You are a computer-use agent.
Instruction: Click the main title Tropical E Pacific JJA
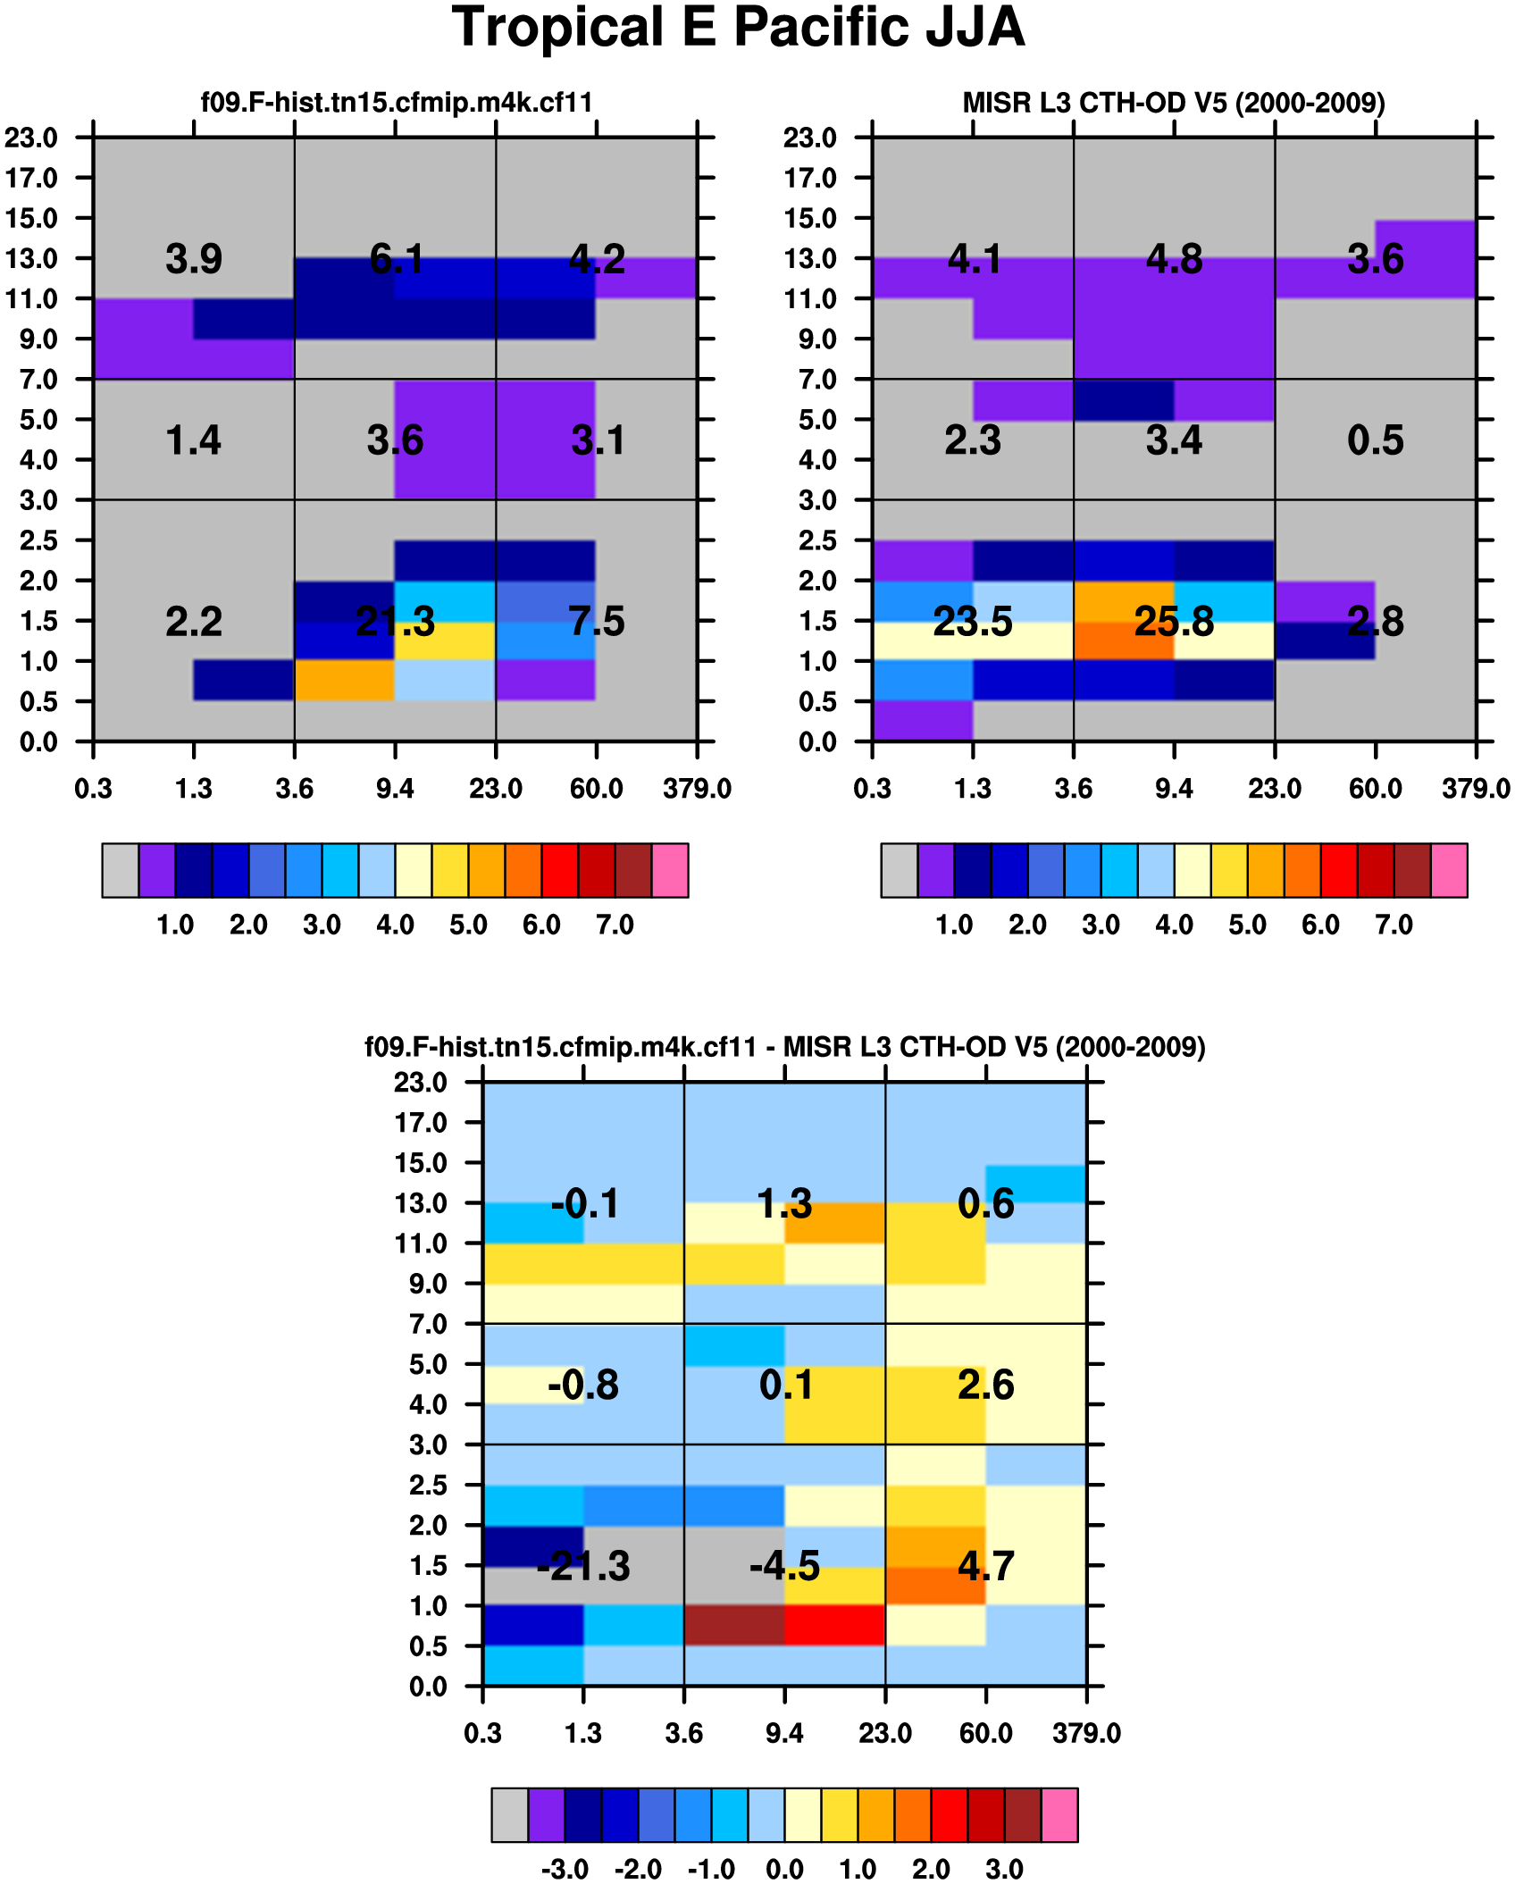pos(738,28)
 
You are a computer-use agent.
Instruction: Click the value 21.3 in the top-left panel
pos(395,622)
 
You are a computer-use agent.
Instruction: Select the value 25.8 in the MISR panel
pos(1174,622)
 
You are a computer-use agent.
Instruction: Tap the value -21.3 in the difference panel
pos(583,1566)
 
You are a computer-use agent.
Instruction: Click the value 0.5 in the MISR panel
pos(1375,440)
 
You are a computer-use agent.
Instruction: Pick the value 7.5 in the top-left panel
pos(597,622)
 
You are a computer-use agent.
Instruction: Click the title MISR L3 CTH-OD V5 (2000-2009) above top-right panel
pos(1173,103)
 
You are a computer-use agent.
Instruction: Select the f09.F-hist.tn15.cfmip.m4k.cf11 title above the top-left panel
pos(397,103)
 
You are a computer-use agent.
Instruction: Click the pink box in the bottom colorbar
pos(1059,1815)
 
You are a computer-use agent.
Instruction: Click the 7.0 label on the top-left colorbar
pos(615,925)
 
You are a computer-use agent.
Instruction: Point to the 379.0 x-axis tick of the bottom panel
pos(1086,1734)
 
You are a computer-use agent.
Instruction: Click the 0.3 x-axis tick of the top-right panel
pos(872,789)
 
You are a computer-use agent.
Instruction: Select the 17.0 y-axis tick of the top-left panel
pos(31,178)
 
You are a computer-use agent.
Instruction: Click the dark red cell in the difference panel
pos(734,1625)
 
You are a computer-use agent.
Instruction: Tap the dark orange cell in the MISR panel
pos(1124,641)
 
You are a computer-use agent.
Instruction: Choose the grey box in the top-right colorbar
pos(899,870)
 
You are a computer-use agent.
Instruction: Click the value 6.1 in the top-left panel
pos(396,259)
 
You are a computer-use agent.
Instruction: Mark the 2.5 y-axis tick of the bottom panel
pos(428,1486)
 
